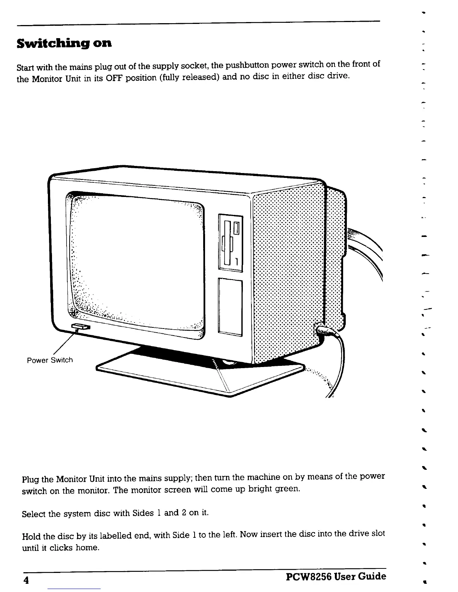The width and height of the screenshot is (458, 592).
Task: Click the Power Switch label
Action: (50, 360)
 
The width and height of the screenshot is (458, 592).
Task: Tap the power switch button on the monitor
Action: (80, 327)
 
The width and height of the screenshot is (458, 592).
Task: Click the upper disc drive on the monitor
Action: (230, 243)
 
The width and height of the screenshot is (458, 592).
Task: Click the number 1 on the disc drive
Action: (237, 261)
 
